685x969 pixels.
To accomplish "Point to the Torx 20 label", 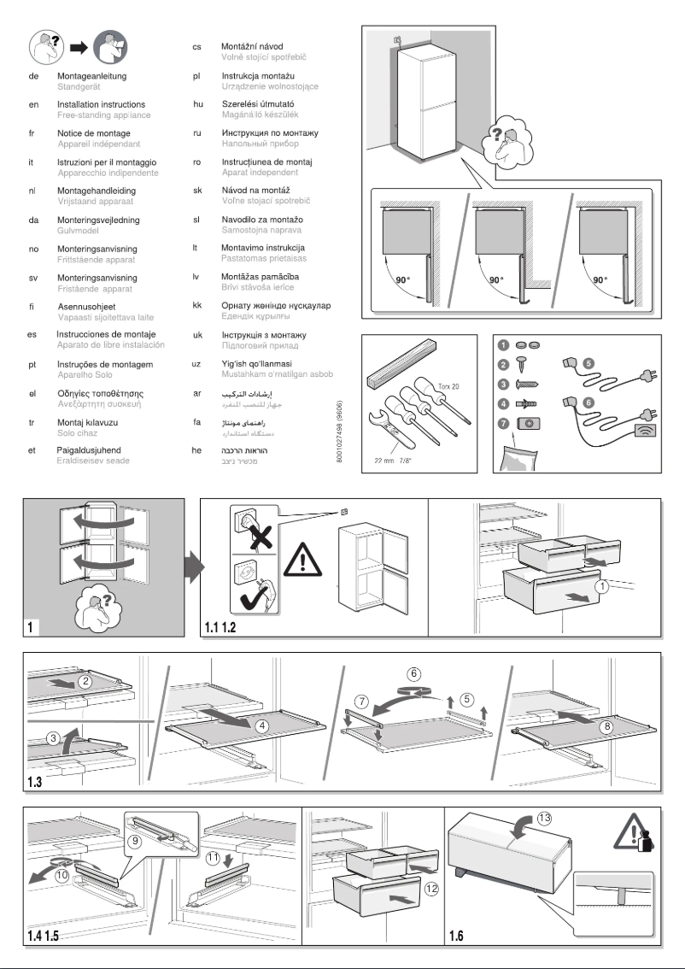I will click(x=448, y=386).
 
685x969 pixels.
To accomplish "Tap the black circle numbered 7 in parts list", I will click(x=503, y=424).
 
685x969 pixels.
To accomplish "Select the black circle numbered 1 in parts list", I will click(x=503, y=345).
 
